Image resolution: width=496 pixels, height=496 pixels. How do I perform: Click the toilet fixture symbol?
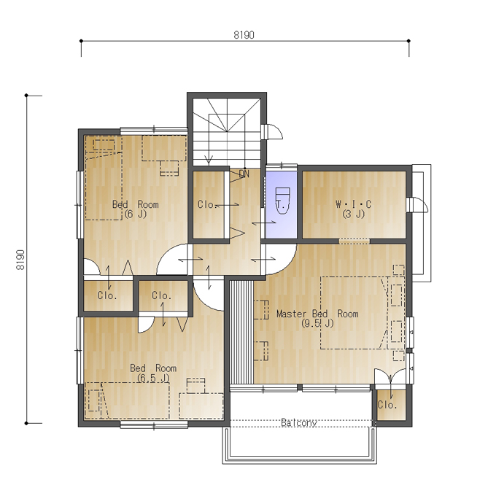(x=282, y=201)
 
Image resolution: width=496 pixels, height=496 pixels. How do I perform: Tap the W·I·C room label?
(x=353, y=204)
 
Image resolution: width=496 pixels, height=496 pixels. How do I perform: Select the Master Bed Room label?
(x=317, y=314)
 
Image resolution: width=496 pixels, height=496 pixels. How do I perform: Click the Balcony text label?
(x=299, y=422)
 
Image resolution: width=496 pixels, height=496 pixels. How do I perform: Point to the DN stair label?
(x=244, y=174)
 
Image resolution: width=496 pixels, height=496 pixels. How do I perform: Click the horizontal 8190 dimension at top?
(x=244, y=35)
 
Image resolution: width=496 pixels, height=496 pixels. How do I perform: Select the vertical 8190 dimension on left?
(x=20, y=260)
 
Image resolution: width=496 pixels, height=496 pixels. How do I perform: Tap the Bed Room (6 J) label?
(x=136, y=209)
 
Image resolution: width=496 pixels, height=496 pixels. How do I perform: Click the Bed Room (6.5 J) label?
(x=153, y=373)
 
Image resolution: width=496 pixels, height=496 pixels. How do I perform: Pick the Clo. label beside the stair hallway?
(x=207, y=205)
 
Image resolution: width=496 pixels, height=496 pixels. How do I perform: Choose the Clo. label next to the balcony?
(x=387, y=405)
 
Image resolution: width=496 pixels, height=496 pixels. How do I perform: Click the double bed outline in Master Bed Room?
(x=354, y=313)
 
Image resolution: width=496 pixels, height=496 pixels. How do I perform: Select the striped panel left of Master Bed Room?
(x=241, y=332)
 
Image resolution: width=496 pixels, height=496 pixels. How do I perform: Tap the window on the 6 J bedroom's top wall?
(x=154, y=130)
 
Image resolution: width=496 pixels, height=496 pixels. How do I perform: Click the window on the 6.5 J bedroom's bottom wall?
(x=154, y=426)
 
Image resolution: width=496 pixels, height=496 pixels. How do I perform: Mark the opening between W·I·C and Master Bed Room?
(x=354, y=241)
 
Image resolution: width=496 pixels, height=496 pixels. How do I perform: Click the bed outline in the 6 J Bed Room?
(x=104, y=178)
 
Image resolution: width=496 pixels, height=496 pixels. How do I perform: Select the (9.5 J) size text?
(x=317, y=323)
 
